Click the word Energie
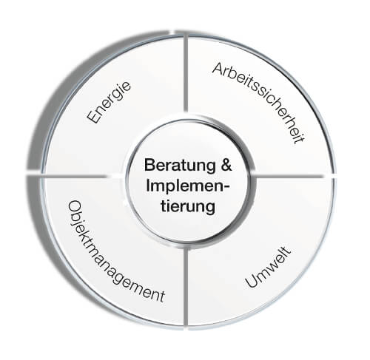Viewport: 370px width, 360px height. pyautogui.click(x=109, y=102)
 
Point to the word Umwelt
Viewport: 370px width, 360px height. pyautogui.click(x=269, y=267)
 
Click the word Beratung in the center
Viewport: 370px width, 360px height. pyautogui.click(x=180, y=166)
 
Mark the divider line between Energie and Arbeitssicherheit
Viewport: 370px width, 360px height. pyautogui.click(x=186, y=74)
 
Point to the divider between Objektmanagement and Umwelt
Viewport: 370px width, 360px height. pyautogui.click(x=186, y=286)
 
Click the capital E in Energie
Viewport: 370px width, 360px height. pyautogui.click(x=93, y=117)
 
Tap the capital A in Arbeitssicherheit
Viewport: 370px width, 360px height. pyautogui.click(x=218, y=69)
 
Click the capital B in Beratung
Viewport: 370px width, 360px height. pyautogui.click(x=149, y=165)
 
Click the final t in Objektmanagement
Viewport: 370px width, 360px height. pyautogui.click(x=162, y=296)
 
